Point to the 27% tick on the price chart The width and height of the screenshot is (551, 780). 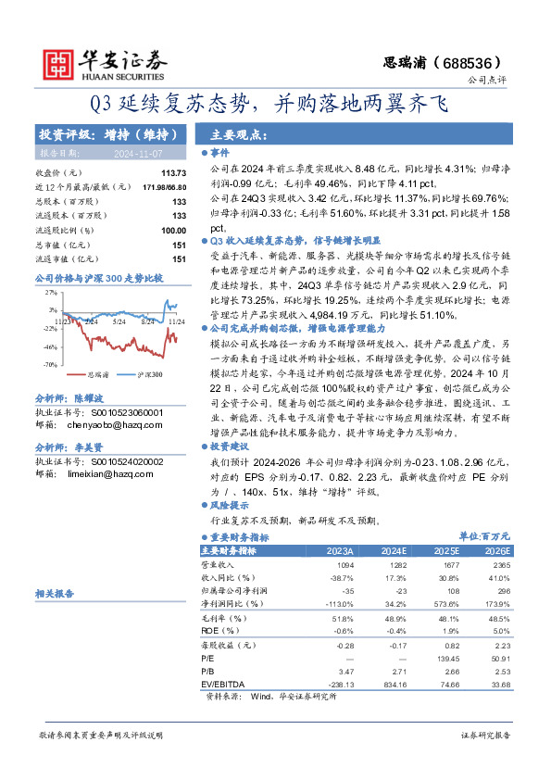(51, 292)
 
